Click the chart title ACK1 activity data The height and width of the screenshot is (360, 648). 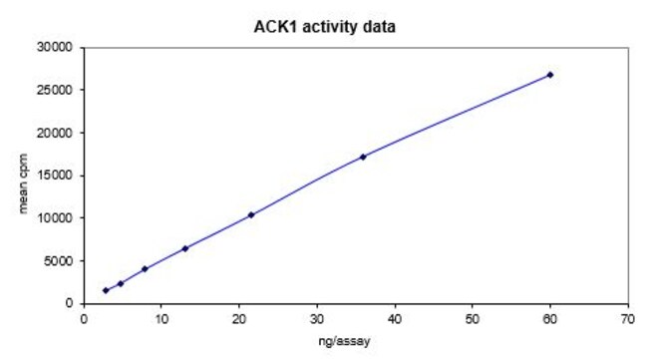(x=324, y=27)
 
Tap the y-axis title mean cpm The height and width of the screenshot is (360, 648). (x=23, y=176)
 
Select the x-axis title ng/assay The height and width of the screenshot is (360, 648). (x=356, y=342)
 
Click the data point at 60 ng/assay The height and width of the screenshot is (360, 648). (x=550, y=75)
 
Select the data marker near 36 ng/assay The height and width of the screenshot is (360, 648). (x=363, y=157)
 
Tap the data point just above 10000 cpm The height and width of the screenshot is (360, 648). (x=251, y=214)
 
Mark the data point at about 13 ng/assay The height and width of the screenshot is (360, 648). (x=185, y=248)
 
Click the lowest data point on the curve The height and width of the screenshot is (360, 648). (x=106, y=290)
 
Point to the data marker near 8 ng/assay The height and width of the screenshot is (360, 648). (x=145, y=269)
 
